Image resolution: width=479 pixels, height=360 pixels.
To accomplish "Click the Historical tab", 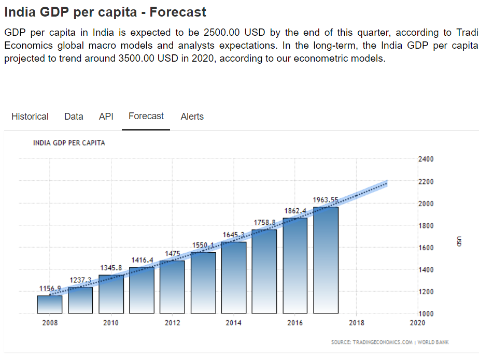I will point(30,117).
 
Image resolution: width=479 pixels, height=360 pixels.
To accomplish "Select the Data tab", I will point(74,117).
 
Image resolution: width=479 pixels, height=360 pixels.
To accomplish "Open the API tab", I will point(106,117).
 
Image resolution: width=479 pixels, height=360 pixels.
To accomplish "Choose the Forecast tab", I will point(146,116).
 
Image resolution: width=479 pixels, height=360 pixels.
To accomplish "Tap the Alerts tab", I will point(192,117).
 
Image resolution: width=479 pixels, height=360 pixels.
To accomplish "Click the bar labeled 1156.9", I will point(50,305).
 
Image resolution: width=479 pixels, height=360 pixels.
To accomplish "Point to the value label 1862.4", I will point(295,211).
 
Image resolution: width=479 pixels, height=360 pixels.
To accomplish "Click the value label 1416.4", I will point(142,260).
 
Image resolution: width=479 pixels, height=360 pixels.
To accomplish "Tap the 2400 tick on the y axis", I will point(426,159).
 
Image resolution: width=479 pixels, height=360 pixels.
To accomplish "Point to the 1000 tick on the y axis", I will point(426,313).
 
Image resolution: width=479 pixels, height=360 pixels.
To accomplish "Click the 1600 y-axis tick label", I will point(426,248).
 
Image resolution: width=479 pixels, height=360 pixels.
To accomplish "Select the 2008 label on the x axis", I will point(50,323).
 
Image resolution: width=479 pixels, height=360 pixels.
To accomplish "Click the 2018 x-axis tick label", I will point(356,323).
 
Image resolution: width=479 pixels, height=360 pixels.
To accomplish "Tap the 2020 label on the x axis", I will point(417,323).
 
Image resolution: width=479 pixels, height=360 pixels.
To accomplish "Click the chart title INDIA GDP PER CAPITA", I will point(69,142).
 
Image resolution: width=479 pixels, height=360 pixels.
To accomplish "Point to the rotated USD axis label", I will point(459,241).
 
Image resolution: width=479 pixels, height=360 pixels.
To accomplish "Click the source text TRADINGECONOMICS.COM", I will point(383,342).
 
